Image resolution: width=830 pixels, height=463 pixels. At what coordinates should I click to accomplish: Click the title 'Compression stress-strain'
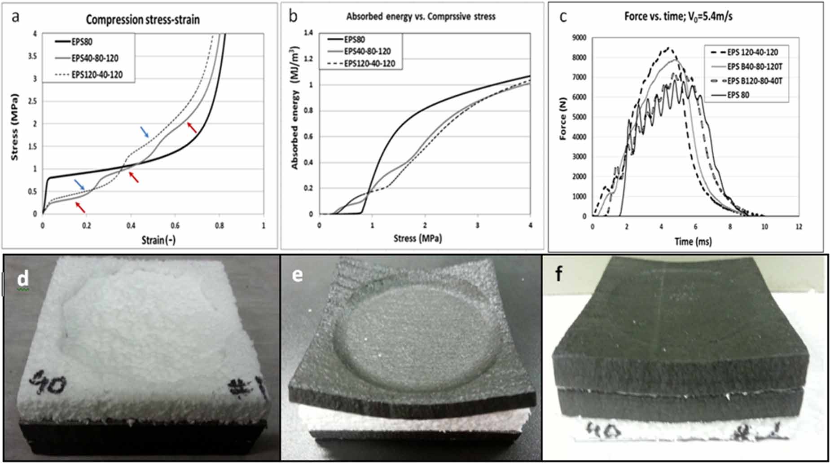pyautogui.click(x=142, y=20)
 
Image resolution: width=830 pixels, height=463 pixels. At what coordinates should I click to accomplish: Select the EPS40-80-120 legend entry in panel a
pyautogui.click(x=95, y=58)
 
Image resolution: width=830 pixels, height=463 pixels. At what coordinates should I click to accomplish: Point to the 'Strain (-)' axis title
pyautogui.click(x=158, y=240)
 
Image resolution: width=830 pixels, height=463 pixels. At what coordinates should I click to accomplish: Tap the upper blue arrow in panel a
pyautogui.click(x=145, y=131)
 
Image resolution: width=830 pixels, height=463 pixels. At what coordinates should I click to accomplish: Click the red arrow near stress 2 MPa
pyautogui.click(x=192, y=128)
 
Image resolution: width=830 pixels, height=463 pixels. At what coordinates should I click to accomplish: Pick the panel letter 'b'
pyautogui.click(x=293, y=17)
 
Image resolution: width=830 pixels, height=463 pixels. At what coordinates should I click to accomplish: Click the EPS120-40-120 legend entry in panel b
pyautogui.click(x=369, y=64)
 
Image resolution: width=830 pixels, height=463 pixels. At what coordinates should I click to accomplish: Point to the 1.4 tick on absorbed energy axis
pyautogui.click(x=308, y=33)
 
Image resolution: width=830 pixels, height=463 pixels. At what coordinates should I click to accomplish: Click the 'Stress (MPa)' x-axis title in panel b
pyautogui.click(x=417, y=238)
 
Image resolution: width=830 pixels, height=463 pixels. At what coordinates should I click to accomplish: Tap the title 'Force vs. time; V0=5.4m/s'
pyautogui.click(x=678, y=17)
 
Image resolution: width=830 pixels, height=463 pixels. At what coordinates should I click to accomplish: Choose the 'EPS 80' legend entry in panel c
pyautogui.click(x=738, y=95)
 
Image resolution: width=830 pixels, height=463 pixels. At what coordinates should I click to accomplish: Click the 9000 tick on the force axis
pyautogui.click(x=579, y=38)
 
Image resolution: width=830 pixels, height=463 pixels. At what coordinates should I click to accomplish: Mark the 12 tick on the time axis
pyautogui.click(x=799, y=227)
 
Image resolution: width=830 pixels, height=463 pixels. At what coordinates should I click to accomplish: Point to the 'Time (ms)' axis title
pyautogui.click(x=693, y=242)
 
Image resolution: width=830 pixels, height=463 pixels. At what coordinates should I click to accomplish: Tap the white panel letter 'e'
pyautogui.click(x=297, y=275)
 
